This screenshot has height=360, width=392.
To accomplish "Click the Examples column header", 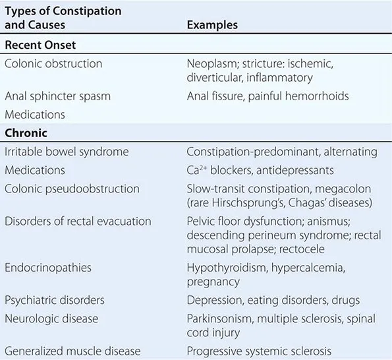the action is (212, 25).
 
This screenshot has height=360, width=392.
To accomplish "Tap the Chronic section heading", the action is (26, 133).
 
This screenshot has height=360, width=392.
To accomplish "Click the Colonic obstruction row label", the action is (53, 64).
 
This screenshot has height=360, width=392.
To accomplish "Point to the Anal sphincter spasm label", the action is (57, 96).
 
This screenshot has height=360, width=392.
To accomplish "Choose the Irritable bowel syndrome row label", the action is (67, 152).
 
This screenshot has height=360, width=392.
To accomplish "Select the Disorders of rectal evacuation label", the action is (78, 221).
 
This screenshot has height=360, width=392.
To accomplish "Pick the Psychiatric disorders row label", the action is (55, 300).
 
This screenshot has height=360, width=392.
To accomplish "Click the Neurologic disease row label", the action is (51, 318).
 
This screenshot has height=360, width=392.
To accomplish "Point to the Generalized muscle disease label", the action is (70, 351).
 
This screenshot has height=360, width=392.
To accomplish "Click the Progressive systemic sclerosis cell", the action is (259, 351).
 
